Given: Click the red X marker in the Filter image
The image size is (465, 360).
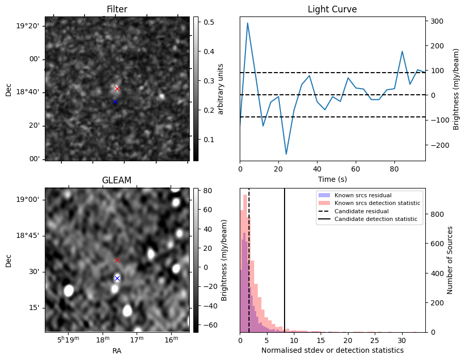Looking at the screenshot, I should click(117, 89).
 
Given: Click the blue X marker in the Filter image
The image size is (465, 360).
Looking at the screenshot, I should click(115, 102).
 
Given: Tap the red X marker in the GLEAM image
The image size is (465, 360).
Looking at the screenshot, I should click(117, 261).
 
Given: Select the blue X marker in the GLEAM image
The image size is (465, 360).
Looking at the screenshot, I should click(117, 278).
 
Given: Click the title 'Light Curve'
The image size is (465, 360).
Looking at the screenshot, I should click(332, 9).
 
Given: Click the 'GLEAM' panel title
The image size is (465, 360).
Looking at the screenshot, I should click(117, 180).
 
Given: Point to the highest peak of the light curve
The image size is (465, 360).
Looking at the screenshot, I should click(247, 23).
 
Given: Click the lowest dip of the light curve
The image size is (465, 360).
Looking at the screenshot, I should click(286, 154).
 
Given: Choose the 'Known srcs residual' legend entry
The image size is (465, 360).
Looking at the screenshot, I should click(362, 195).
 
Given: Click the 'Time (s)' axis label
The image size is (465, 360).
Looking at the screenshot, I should click(332, 179).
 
